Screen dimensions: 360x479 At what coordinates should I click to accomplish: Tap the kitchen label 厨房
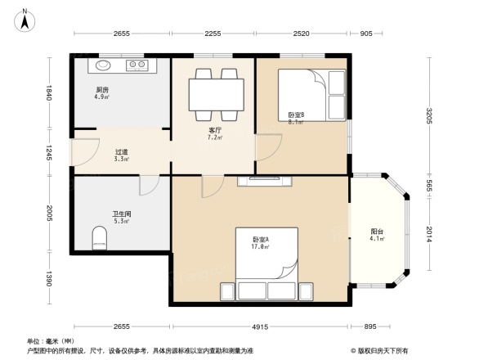[103, 89]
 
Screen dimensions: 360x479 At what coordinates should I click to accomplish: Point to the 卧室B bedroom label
[296, 115]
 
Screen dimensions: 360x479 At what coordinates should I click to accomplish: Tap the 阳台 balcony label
[377, 232]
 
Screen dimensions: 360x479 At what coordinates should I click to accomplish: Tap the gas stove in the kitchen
[135, 64]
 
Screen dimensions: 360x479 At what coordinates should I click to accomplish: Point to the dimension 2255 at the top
[213, 34]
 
